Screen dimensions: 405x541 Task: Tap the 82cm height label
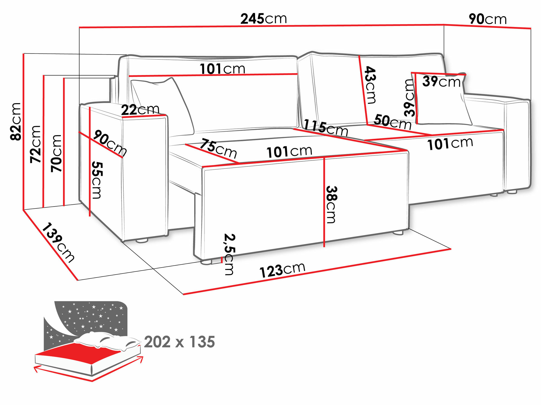[x=16, y=122]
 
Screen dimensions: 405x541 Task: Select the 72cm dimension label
[x=36, y=144]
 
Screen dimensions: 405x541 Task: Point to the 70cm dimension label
[x=57, y=153]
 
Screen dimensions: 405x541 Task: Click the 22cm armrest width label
[x=140, y=110]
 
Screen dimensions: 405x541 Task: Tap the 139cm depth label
[x=58, y=242]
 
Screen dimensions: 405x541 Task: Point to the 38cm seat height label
[x=331, y=204]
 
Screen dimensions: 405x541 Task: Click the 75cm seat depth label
[x=218, y=149]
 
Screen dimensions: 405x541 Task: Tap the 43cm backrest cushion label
[x=370, y=85]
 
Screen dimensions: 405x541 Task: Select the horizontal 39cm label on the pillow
[x=441, y=81]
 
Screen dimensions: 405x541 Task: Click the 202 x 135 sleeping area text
[x=179, y=342]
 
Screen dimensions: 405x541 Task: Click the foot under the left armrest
[x=141, y=240]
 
